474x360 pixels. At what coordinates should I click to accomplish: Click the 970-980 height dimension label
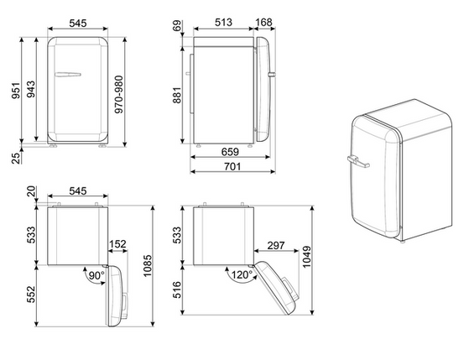coord(119,94)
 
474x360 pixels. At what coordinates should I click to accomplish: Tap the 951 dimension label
coord(16,90)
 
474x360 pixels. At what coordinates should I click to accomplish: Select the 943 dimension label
coord(30,90)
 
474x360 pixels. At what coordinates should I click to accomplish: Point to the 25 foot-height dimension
coord(16,158)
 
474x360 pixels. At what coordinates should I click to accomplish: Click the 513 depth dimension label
coord(224,22)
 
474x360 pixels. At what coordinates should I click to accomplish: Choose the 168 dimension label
coord(264,22)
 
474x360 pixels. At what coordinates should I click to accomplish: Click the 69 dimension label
coord(177,25)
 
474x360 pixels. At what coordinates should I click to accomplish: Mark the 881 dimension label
coord(177,95)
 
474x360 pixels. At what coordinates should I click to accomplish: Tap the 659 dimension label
coord(230,152)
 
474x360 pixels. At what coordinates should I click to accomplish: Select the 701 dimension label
coord(232,166)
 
